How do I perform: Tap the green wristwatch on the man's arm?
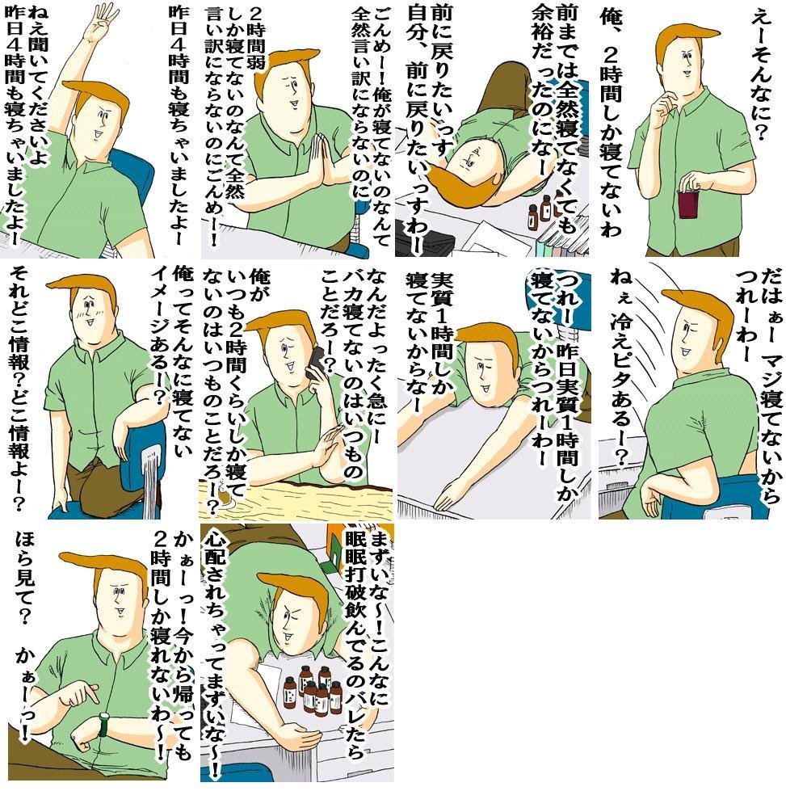104,724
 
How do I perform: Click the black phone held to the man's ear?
317,363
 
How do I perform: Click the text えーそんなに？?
760,76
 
